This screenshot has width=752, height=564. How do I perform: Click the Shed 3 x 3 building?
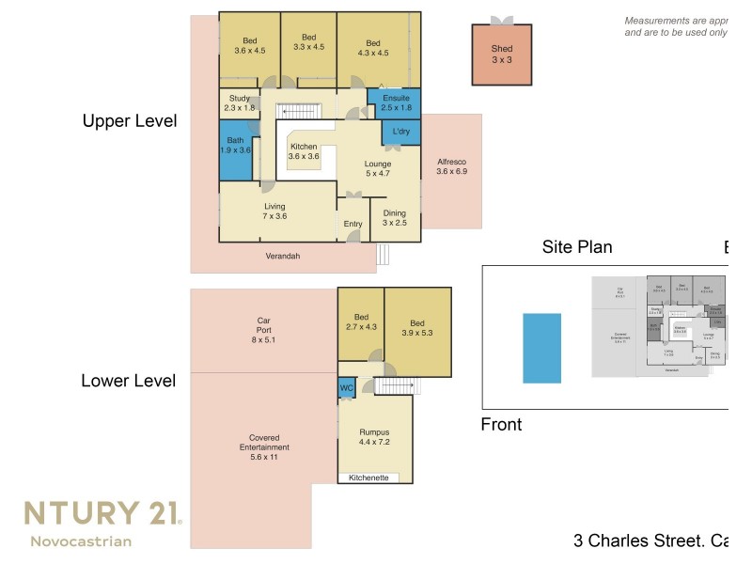pos(501,55)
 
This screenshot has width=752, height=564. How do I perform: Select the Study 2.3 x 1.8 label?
pos(239,102)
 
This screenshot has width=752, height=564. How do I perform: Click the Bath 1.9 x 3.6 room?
pos(235,144)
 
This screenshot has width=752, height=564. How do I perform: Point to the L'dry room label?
pos(401,131)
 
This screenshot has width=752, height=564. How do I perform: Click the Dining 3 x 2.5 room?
pos(394,218)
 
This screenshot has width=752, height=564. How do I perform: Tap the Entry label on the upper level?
pos(352,224)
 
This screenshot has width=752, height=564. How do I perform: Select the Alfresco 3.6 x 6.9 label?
pos(451,167)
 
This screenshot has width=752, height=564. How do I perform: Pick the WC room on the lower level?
pos(345,386)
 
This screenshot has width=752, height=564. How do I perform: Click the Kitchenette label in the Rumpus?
pos(368,478)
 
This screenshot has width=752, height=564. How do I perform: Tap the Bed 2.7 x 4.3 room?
pos(361,322)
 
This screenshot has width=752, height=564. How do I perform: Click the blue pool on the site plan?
pos(541,348)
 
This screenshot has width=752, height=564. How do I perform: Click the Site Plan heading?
pos(577,247)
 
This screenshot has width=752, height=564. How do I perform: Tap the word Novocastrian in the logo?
pos(81,540)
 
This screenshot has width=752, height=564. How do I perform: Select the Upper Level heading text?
pos(129,121)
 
